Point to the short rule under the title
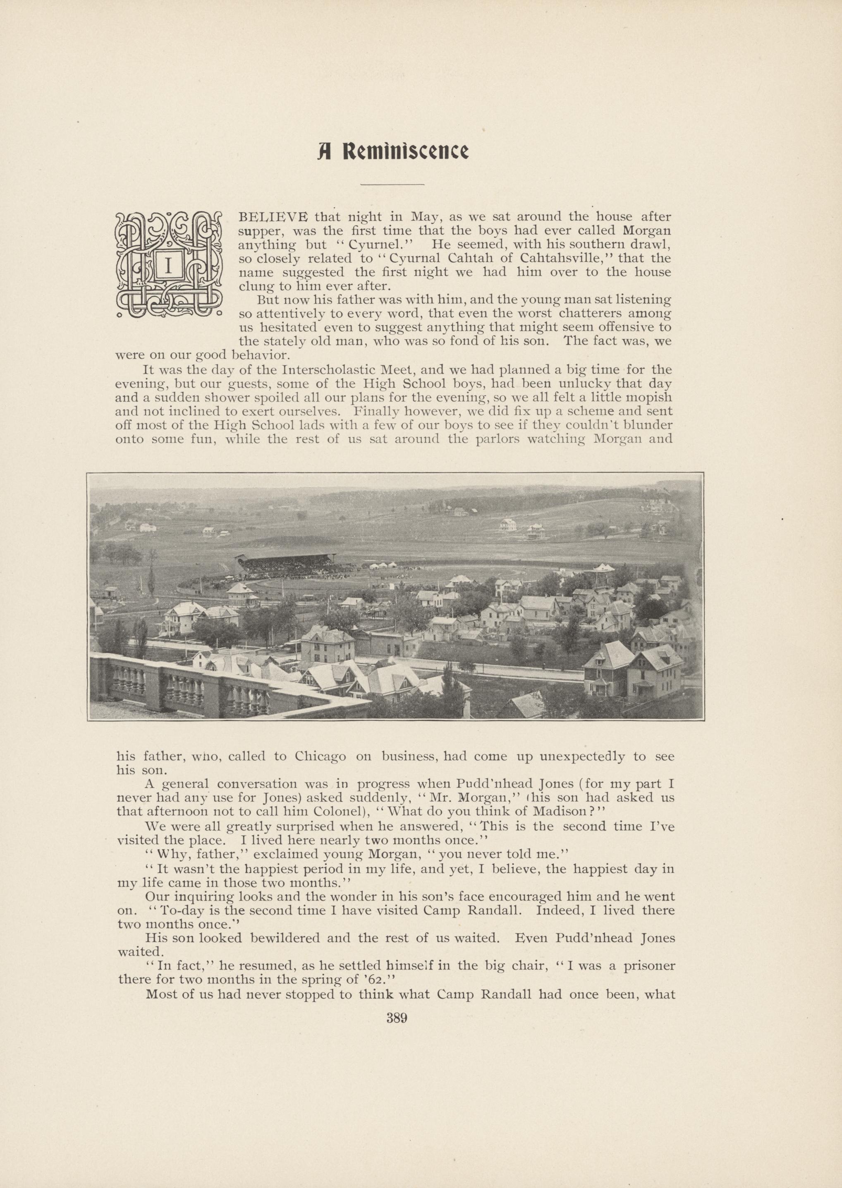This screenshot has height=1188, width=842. pos(392,184)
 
